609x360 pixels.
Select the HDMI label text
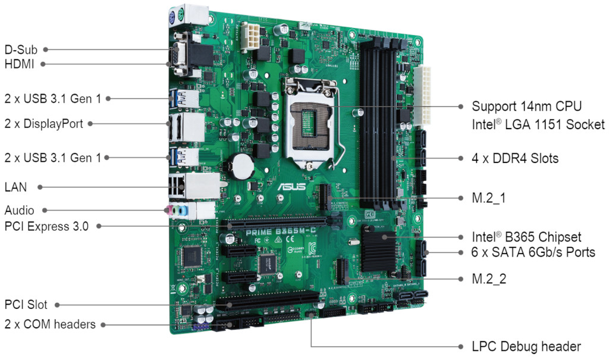click(19, 64)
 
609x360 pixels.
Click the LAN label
click(15, 187)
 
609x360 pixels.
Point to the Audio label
click(19, 210)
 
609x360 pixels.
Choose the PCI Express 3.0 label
click(46, 226)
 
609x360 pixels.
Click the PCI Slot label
click(26, 305)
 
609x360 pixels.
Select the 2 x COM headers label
click(50, 324)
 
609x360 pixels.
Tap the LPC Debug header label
click(526, 346)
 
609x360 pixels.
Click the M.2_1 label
click(488, 198)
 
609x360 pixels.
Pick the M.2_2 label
click(489, 278)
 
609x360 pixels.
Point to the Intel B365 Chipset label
click(526, 237)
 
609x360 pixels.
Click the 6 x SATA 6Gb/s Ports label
click(533, 252)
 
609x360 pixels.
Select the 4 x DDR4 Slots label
click(515, 159)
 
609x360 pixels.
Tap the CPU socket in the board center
click(310, 122)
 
